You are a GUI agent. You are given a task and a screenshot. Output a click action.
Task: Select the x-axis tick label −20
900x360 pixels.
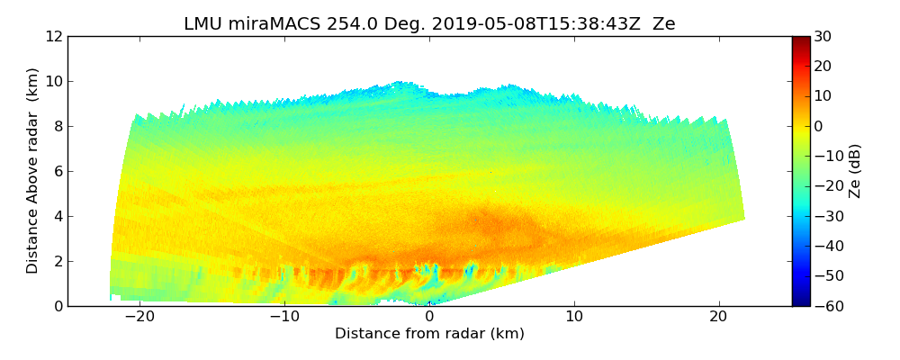(x=139, y=318)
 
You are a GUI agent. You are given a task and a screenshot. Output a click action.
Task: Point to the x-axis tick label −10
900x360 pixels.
(x=283, y=318)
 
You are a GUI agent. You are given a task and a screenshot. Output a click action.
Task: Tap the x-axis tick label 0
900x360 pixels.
(x=429, y=318)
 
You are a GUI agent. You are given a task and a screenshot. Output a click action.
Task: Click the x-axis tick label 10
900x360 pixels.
(x=574, y=318)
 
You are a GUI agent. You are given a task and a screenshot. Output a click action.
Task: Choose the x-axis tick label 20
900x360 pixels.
(x=718, y=318)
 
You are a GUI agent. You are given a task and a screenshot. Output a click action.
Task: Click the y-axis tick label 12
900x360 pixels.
(x=54, y=37)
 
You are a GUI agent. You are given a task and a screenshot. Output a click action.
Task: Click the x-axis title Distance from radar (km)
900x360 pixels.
(x=429, y=334)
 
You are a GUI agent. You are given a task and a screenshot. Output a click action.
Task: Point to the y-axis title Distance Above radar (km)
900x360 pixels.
(x=33, y=171)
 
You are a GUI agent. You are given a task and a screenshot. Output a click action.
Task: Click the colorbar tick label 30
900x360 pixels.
(x=823, y=37)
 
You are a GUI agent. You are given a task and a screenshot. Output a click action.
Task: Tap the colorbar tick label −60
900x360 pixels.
(x=826, y=306)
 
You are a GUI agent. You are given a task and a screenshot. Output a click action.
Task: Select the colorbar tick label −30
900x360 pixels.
(x=826, y=216)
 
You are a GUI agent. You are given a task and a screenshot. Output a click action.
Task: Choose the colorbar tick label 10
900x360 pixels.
(x=823, y=96)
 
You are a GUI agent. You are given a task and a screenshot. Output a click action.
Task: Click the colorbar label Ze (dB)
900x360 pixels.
(x=855, y=171)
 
